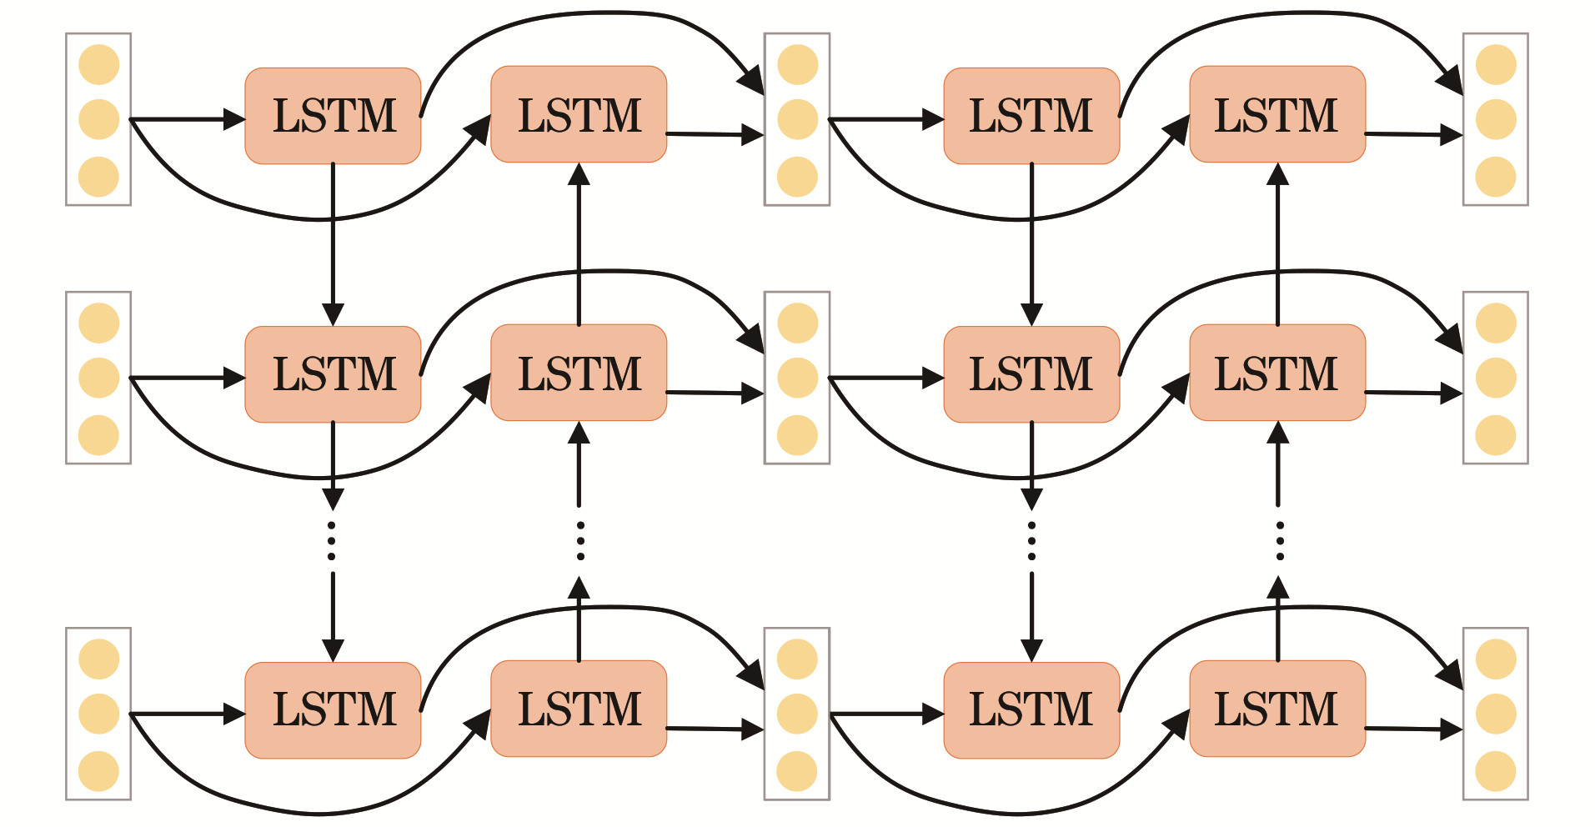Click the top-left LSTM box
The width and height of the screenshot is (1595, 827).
coord(333,116)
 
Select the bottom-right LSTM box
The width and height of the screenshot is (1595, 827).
coord(1277,709)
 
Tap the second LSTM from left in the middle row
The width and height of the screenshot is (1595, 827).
coord(579,373)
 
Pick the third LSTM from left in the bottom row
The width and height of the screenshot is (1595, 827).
coord(1031,709)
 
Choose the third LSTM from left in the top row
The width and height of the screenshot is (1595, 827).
coord(1031,116)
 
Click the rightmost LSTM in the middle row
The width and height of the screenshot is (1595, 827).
coord(1277,373)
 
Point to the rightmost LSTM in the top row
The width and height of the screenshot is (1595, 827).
coord(1277,114)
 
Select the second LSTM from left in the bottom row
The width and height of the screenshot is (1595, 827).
coord(579,709)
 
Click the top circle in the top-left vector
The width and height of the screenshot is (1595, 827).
coord(98,65)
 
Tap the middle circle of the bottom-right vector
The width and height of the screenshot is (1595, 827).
coord(1495,714)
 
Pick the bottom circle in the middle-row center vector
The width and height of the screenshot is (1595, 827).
coord(797,435)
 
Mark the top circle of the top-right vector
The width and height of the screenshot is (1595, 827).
coord(1495,65)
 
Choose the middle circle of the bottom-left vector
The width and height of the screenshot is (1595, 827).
coord(98,714)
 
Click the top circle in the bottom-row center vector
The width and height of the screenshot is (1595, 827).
coord(797,659)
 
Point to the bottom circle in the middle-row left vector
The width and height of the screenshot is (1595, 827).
coord(98,435)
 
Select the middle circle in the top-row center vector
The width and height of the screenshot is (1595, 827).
coord(797,119)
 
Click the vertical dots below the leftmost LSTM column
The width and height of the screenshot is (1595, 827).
coord(332,540)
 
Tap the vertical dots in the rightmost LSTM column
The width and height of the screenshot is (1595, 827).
coord(1279,540)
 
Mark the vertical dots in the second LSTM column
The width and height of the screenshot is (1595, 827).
coord(580,540)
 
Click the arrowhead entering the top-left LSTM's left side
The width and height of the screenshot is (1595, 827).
coord(235,119)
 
